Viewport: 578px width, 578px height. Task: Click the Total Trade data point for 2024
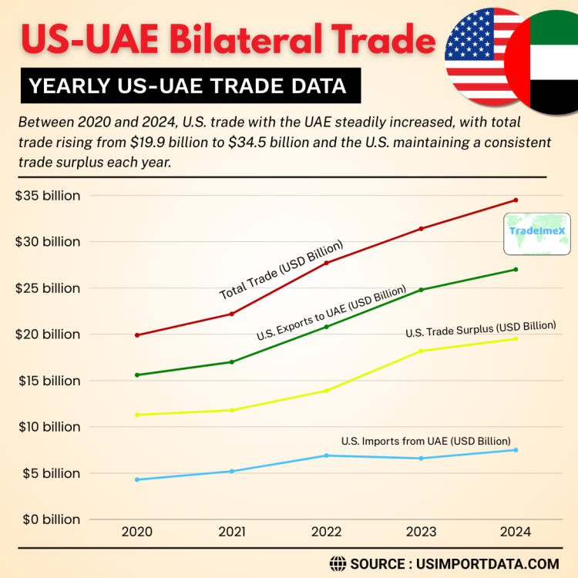tap(516, 200)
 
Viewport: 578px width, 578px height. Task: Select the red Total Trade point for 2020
tap(137, 335)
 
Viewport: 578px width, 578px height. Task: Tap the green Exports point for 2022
tap(327, 327)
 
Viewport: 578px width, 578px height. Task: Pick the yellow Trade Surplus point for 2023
tap(421, 351)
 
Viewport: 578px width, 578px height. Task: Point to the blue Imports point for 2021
tap(232, 471)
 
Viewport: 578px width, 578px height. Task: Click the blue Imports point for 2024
tap(516, 450)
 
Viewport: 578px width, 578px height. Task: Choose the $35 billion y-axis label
tap(48, 196)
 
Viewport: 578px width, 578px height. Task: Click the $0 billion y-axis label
tap(48, 519)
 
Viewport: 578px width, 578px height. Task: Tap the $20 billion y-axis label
tap(48, 334)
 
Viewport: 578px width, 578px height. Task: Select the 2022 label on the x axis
tap(327, 533)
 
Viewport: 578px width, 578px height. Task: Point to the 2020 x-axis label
tap(137, 533)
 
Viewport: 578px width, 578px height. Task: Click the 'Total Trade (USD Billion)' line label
tap(281, 271)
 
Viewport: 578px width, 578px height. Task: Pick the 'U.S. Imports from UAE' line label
tap(425, 442)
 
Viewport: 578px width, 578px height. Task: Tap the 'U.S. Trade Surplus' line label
tap(481, 329)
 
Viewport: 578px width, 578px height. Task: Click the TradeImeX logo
tap(538, 234)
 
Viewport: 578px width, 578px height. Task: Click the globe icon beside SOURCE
tap(338, 563)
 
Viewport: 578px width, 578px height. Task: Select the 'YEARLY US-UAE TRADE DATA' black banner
tap(190, 86)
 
